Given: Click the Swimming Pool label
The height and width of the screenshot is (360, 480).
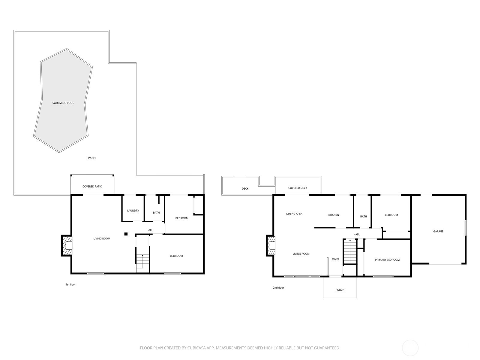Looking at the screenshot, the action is (x=63, y=103).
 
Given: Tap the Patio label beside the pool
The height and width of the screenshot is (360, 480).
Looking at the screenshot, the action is (x=92, y=158).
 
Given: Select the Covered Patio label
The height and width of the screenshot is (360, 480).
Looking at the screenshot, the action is (x=92, y=186).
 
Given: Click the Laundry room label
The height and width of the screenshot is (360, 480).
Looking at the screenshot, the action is (x=133, y=211).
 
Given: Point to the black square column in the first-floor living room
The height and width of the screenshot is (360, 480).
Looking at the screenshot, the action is (x=126, y=234).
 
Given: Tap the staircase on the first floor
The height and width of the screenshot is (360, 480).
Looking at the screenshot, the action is (x=142, y=261).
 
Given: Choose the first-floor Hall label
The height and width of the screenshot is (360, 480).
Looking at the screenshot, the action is (x=150, y=230).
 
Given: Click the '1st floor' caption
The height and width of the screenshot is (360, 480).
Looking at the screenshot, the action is (x=70, y=284).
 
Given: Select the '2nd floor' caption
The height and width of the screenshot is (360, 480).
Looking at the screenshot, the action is (x=278, y=288).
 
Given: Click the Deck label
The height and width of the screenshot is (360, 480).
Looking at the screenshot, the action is (x=245, y=189).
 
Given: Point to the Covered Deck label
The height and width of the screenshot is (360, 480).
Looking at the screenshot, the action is (x=298, y=188).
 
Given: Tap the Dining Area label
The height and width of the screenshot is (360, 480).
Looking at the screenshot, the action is (x=294, y=214).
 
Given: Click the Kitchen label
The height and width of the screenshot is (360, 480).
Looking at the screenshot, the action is (x=334, y=215).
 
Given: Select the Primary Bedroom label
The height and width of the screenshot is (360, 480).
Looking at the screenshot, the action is (x=387, y=260).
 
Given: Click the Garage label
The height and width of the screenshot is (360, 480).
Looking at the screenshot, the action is (x=438, y=231).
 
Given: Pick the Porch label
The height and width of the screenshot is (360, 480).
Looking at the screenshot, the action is (x=340, y=290).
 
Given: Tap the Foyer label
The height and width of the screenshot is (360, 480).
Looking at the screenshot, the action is (x=335, y=259).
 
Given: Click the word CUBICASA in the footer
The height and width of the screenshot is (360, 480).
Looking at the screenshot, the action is (x=196, y=348).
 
